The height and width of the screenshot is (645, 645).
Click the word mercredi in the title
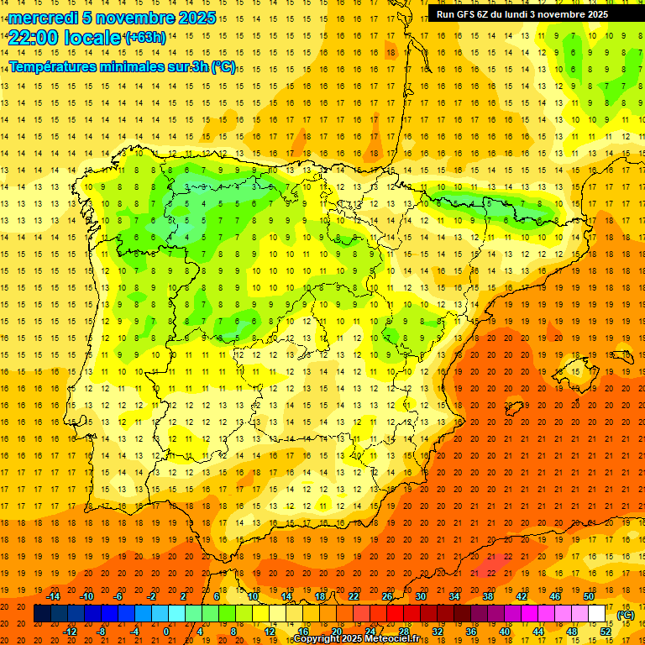pos(44,18)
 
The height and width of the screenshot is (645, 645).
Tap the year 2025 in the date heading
pos(191,18)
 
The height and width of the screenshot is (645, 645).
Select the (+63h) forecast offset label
pos(145,38)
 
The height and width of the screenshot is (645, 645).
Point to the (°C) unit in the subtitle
pos(223,66)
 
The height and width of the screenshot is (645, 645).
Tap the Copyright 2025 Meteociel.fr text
pos(358,639)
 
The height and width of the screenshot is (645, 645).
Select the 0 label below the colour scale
pos(166,632)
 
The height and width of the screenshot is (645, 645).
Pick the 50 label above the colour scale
pos(589,596)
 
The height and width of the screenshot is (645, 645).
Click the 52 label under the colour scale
pos(606,632)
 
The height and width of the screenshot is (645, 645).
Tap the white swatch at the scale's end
pos(597,614)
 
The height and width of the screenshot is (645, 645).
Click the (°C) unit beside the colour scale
pos(626,615)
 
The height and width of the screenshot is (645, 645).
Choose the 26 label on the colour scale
pos(387,596)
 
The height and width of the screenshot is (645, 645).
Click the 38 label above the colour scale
pos(488,596)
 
